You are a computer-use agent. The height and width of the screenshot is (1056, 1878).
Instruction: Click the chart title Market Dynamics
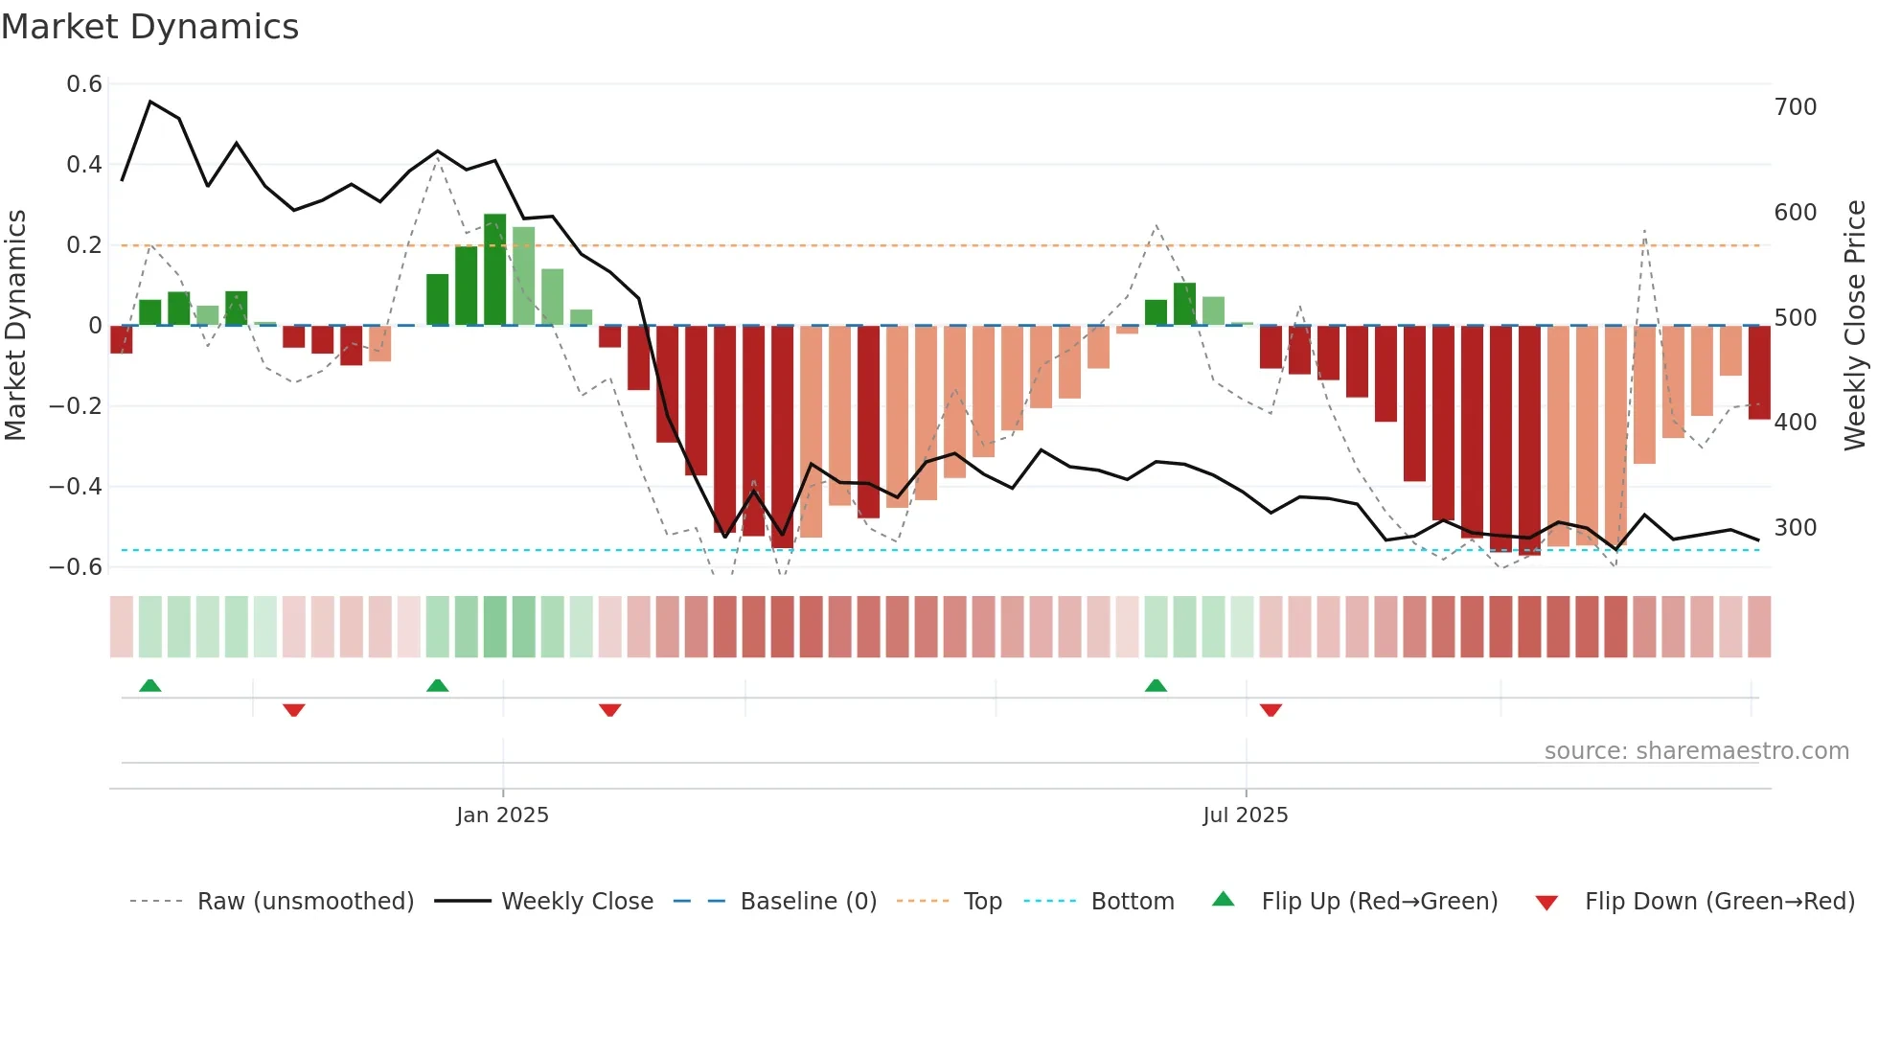149,27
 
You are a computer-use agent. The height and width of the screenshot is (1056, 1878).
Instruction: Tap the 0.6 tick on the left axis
84,84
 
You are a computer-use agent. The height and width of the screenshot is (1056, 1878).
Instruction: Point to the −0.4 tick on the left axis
76,487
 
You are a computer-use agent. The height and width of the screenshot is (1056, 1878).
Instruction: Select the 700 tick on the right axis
1795,107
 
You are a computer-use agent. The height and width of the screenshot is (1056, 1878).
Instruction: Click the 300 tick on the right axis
1795,528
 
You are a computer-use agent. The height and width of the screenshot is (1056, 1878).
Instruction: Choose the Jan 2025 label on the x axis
502,815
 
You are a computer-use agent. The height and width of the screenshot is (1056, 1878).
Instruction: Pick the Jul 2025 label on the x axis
1245,815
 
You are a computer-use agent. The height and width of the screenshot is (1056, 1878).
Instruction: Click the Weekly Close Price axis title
1855,326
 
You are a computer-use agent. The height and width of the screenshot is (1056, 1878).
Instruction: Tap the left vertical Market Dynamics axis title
15,326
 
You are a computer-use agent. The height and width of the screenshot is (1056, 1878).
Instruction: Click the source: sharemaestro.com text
1696,751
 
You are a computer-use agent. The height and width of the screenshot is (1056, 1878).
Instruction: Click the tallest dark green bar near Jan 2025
494,270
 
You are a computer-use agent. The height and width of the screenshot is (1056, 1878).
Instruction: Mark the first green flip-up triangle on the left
150,685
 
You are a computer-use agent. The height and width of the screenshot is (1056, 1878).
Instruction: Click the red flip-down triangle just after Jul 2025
1271,710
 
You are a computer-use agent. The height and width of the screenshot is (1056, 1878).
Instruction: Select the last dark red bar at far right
1758,372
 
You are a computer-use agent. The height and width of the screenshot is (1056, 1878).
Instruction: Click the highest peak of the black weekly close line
150,102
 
